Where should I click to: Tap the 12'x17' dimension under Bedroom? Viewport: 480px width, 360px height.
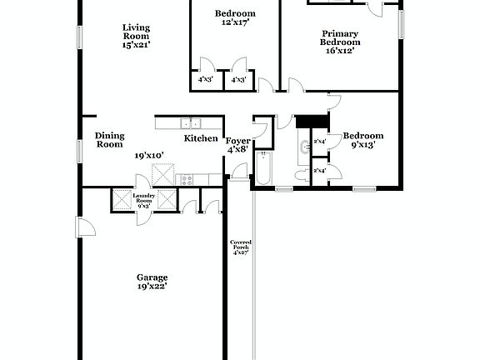235,22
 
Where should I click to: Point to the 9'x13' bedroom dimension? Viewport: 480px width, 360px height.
363,144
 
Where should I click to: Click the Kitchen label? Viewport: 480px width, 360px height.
201,138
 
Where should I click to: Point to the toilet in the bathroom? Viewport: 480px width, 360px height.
301,172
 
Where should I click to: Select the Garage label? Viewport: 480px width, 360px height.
152,277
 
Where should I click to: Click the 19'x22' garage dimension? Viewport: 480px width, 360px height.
152,286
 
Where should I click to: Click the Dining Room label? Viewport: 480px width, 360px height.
109,140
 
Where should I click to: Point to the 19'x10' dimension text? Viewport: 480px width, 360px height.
149,154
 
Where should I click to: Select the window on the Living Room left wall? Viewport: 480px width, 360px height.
81,37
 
